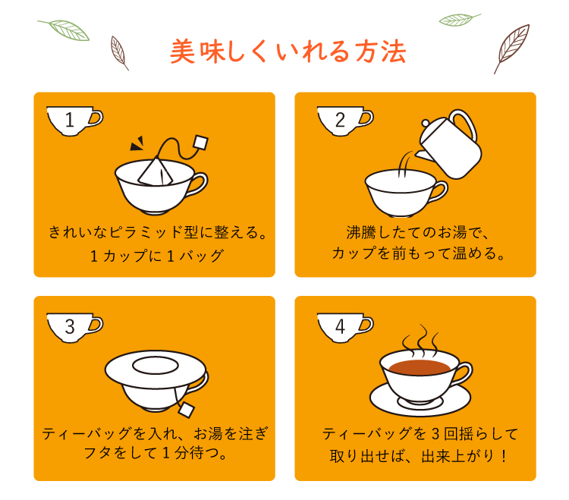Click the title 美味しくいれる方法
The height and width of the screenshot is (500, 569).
tap(288, 52)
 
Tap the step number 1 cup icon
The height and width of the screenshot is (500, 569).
tap(74, 121)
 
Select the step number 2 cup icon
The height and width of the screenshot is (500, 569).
tap(344, 121)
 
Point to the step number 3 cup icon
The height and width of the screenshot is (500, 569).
tap(74, 328)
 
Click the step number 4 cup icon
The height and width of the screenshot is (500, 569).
tap(344, 328)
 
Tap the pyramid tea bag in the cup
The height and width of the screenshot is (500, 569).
tap(156, 171)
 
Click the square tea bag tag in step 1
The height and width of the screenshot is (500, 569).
tap(201, 142)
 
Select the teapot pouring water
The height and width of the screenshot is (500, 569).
tap(449, 144)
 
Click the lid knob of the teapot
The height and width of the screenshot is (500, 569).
tap(426, 123)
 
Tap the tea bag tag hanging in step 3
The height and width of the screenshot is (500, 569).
tap(186, 410)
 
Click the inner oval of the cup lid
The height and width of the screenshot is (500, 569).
tap(156, 365)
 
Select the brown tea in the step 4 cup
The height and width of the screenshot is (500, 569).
tap(420, 367)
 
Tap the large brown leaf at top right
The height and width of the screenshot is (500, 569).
tap(511, 49)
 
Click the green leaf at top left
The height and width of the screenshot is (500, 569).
tap(64, 30)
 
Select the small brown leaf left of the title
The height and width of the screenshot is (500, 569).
tap(119, 53)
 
